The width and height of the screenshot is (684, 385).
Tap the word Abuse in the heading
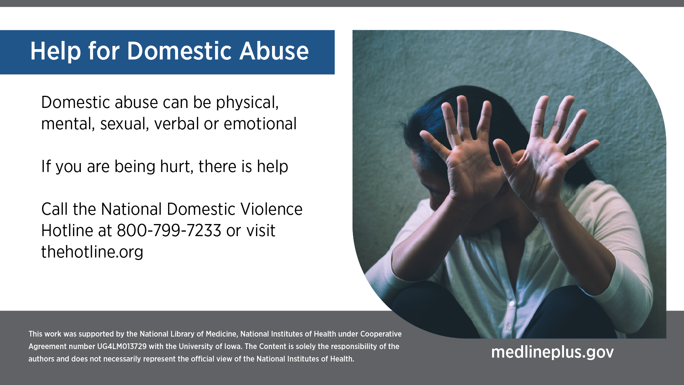click(x=274, y=51)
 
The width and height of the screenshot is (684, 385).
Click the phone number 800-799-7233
click(x=169, y=230)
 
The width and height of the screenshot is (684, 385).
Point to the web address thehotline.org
click(x=92, y=252)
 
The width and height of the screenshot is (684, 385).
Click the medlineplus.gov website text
click(x=553, y=352)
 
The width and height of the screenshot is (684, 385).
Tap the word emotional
click(x=260, y=124)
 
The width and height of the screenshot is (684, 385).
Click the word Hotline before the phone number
click(x=67, y=230)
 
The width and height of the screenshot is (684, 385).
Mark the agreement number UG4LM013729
click(x=122, y=347)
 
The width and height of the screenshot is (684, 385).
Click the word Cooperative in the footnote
click(x=381, y=334)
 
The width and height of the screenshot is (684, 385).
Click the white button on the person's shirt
click(x=512, y=304)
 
